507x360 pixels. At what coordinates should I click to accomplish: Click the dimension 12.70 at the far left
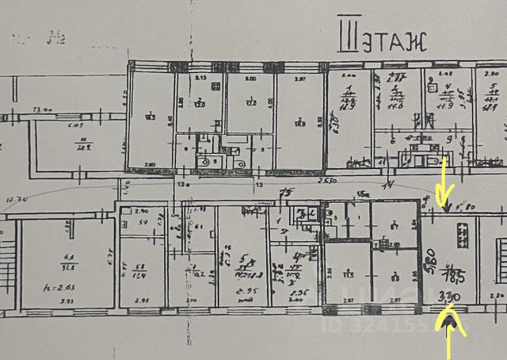[13, 198]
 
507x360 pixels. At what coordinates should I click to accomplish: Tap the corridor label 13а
[185, 183]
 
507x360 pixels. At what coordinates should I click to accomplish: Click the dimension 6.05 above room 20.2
[76, 124]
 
